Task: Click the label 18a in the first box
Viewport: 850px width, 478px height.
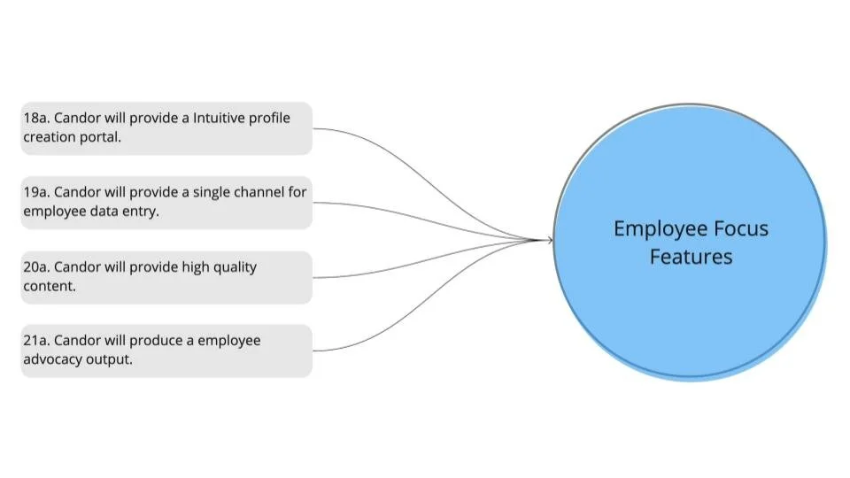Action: click(x=36, y=118)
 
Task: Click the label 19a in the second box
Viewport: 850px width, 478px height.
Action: click(x=36, y=192)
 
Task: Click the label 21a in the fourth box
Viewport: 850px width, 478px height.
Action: click(x=36, y=341)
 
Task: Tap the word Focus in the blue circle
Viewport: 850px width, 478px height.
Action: click(x=734, y=229)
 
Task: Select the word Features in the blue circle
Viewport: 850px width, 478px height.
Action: click(x=691, y=257)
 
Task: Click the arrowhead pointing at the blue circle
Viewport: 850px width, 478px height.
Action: click(x=549, y=239)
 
